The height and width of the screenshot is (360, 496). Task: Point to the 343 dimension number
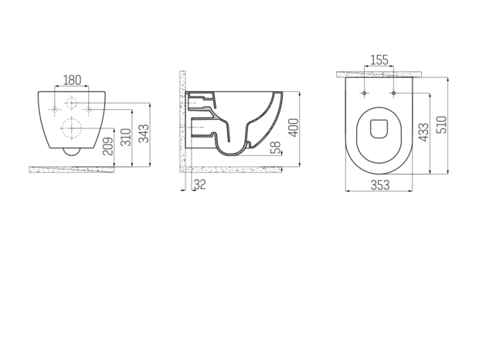click(144, 133)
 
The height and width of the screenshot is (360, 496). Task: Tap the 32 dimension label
click(199, 184)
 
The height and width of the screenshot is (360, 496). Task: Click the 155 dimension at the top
click(379, 60)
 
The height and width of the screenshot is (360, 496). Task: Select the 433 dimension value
click(423, 132)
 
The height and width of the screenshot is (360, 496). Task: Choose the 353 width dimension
click(379, 184)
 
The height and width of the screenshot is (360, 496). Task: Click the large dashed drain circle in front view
click(72, 129)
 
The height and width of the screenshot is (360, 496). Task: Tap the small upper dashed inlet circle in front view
click(72, 104)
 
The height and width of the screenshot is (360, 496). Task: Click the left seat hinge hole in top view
click(364, 93)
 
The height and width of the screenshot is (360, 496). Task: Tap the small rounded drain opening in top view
click(379, 129)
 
